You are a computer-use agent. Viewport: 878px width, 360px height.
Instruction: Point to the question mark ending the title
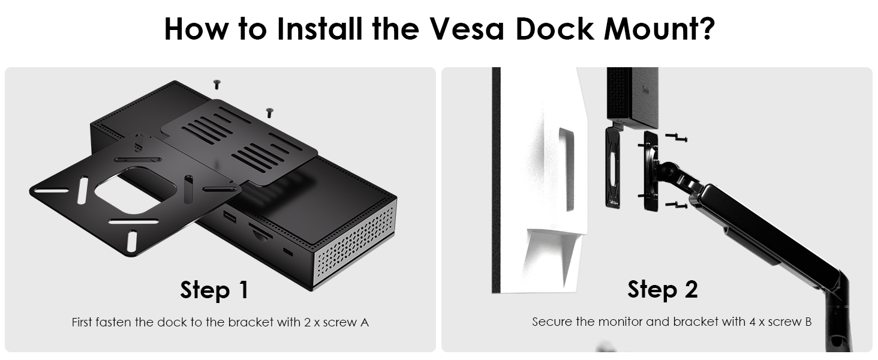pos(704,28)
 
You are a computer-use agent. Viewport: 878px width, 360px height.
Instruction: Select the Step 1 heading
pos(214,290)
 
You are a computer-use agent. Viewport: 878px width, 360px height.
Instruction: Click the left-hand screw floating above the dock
pos(217,84)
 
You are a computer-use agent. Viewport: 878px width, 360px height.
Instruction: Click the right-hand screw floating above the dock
pos(269,111)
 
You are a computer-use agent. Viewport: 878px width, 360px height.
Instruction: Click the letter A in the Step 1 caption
pos(364,322)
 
